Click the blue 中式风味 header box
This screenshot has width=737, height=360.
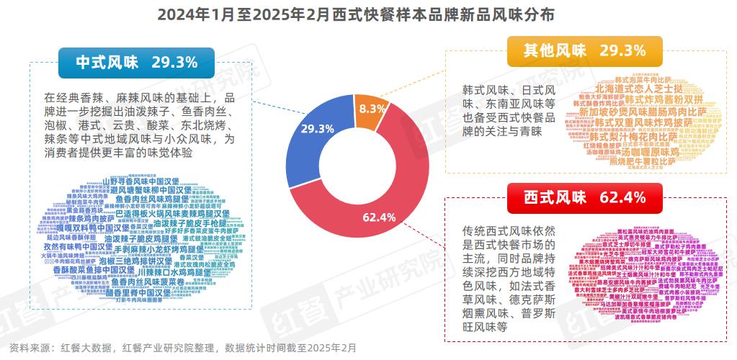(x=136, y=63)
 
